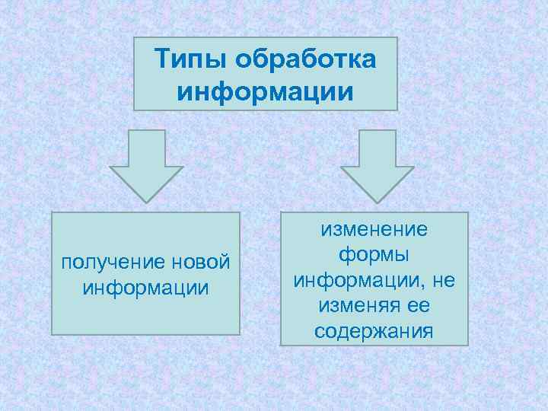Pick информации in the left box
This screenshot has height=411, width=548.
[145, 288]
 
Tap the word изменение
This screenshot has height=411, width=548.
[374, 229]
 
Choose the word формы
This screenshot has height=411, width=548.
[374, 255]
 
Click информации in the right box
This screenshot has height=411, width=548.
[357, 281]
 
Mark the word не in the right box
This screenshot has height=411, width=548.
[444, 281]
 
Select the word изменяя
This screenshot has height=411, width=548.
[352, 307]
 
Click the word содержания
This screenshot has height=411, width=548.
[374, 333]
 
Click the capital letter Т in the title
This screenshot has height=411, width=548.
[161, 59]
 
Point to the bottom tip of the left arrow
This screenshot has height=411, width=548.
[147, 201]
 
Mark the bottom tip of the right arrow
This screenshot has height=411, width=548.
[377, 201]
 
